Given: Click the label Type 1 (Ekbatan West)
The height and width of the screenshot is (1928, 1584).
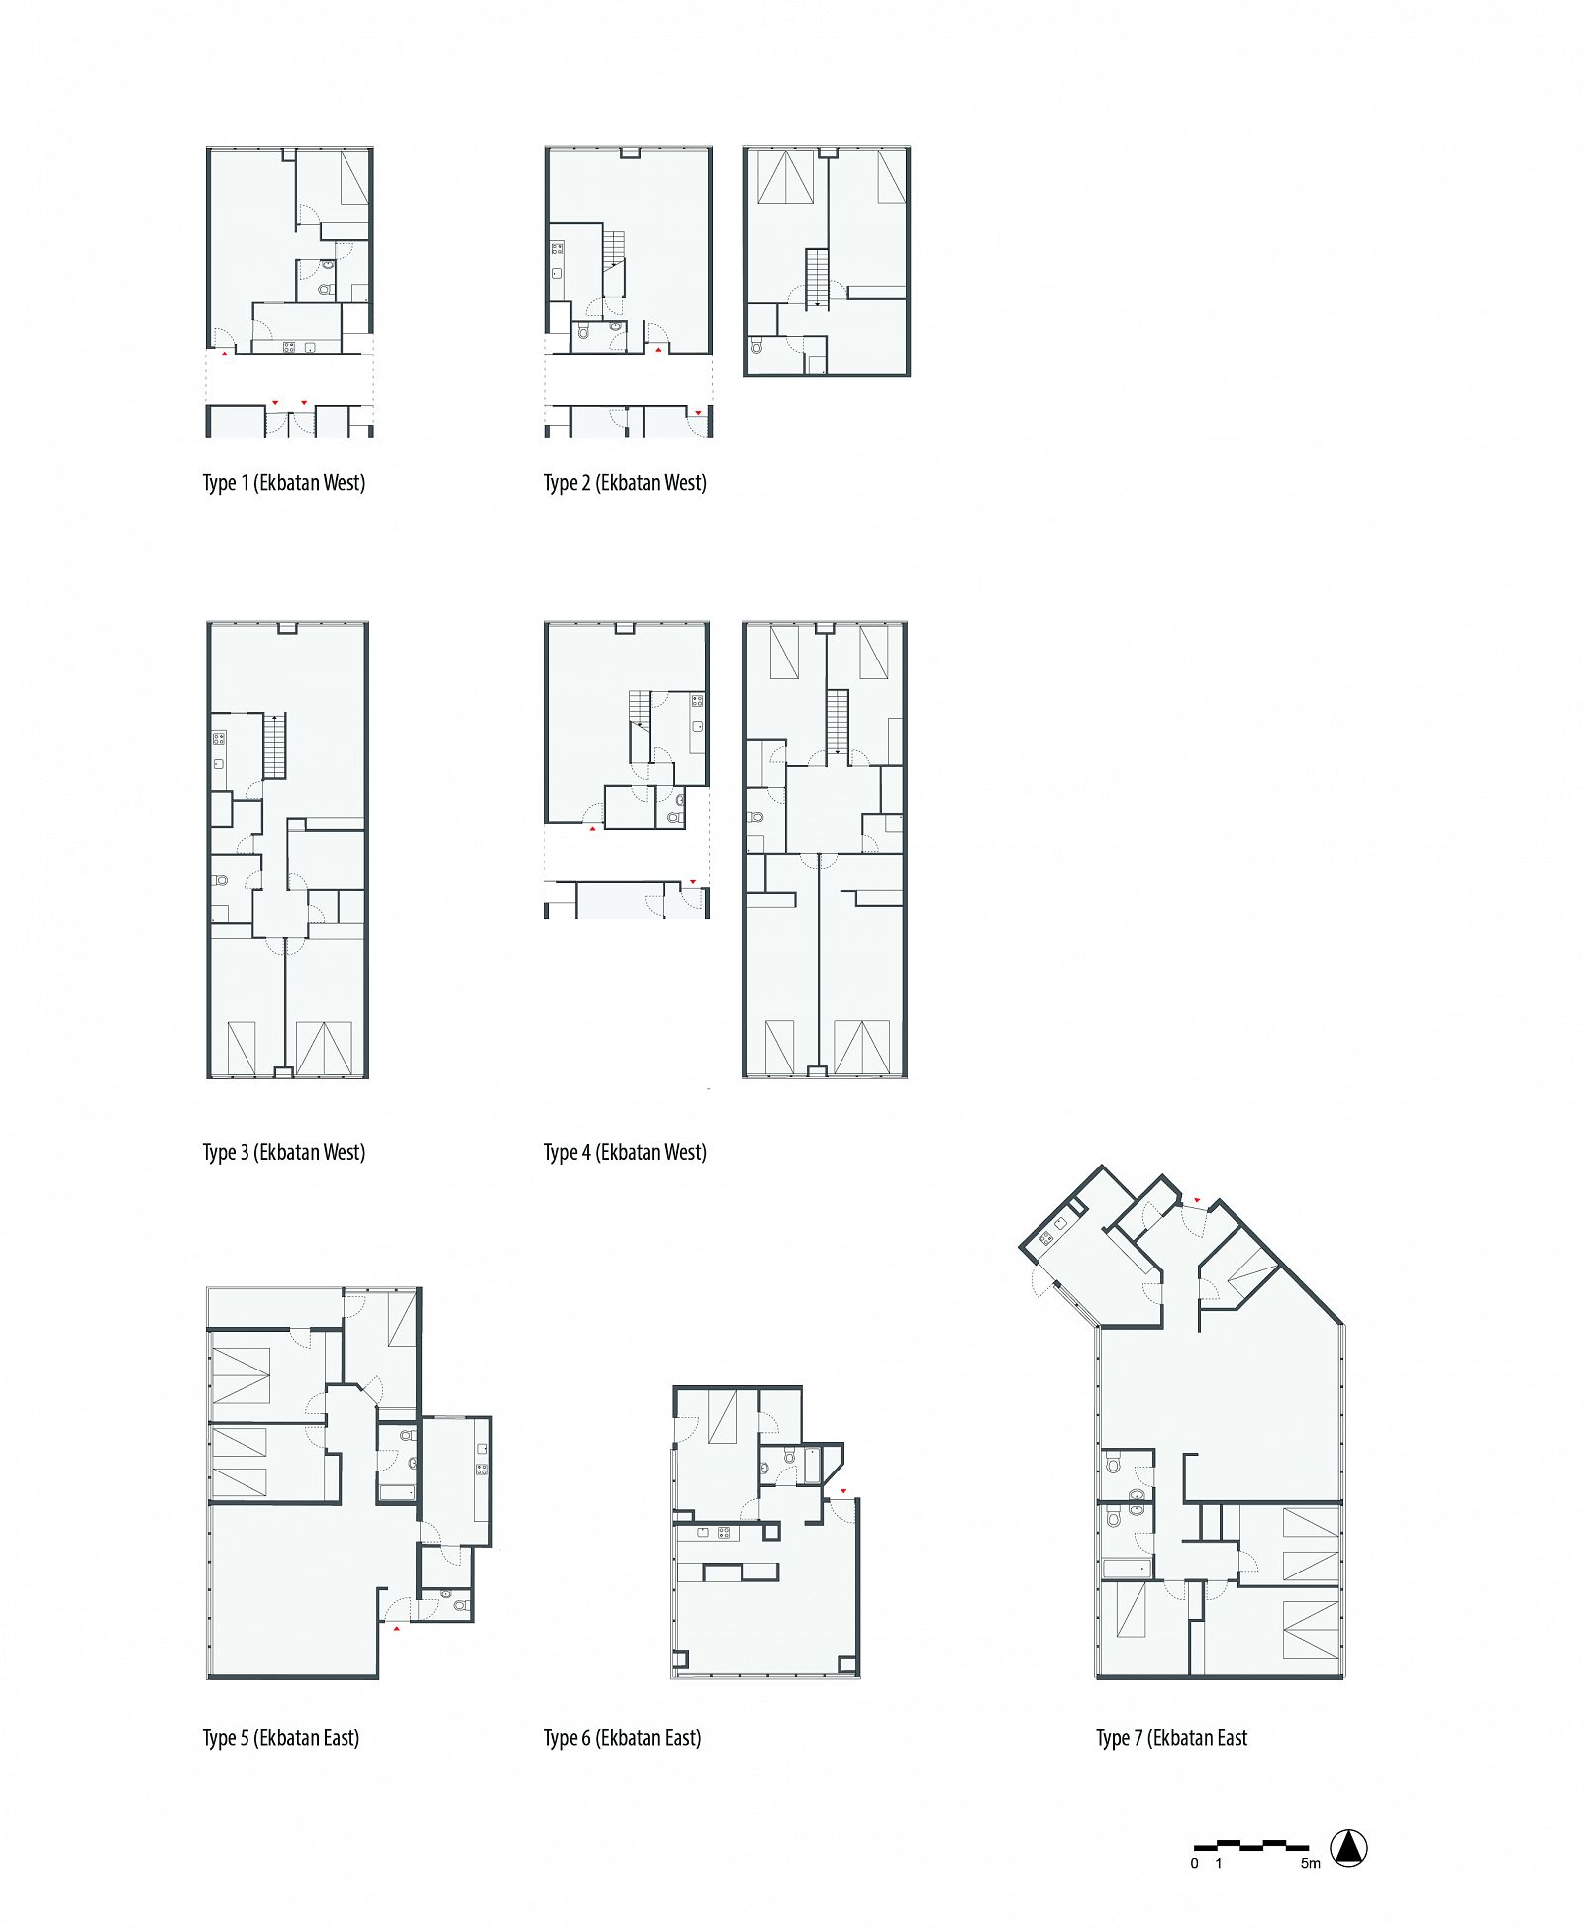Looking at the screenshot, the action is click(284, 483).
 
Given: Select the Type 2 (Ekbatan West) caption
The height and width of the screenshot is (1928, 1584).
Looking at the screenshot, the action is click(626, 483).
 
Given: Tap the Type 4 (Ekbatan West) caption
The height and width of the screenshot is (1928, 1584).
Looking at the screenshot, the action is click(626, 1152).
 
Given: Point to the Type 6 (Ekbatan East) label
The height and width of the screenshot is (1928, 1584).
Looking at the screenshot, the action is click(623, 1738).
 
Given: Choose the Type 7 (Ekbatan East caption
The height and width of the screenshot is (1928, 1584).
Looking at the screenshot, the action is click(1172, 1738).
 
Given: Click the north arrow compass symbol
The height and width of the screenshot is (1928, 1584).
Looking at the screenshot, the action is click(1348, 1848).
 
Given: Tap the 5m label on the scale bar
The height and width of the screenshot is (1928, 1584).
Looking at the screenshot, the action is click(1311, 1863).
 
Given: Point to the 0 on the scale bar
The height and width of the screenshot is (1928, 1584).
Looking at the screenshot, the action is click(1195, 1863).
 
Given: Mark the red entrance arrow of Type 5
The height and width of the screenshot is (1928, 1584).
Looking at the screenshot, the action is click(397, 1627).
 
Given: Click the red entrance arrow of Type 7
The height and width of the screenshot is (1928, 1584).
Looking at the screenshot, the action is click(1197, 1201).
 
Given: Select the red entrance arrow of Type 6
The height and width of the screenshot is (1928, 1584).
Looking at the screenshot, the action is click(843, 1490).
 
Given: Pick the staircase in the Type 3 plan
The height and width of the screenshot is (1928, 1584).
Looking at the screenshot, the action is click(274, 746).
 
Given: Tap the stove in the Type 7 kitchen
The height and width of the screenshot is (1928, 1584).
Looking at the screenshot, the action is click(1046, 1237).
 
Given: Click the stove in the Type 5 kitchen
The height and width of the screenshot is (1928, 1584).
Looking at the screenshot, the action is click(482, 1470).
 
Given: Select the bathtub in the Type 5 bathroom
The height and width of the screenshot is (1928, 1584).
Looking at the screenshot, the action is click(397, 1491).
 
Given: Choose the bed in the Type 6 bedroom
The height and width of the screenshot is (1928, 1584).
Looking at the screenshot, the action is click(722, 1417).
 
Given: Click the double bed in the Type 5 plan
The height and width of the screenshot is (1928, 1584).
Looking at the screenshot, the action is click(241, 1375).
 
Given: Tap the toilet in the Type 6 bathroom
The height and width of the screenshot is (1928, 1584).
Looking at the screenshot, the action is click(789, 1456).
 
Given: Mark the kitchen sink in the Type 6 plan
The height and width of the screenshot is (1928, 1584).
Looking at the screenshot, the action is click(702, 1533).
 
